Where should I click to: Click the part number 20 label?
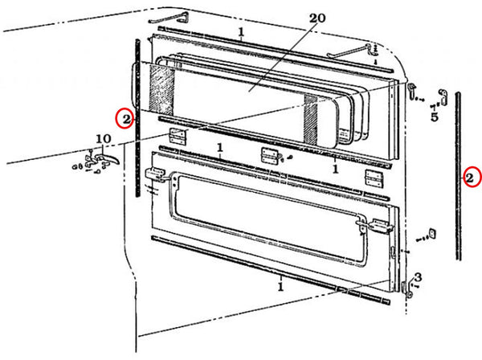[x=317, y=18]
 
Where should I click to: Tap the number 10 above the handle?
[x=104, y=139]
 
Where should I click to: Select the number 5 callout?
[x=435, y=117]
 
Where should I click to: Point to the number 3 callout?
[x=418, y=277]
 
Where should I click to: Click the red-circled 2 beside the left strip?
[x=126, y=119]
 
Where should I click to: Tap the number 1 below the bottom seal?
[x=280, y=287]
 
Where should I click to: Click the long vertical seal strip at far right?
[x=458, y=176]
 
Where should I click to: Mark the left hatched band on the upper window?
[x=161, y=91]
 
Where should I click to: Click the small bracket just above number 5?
[x=442, y=97]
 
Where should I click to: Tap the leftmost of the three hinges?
[x=178, y=136]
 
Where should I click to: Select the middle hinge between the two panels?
[x=269, y=155]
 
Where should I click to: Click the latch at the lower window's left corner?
[x=156, y=175]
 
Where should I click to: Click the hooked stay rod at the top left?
[x=170, y=18]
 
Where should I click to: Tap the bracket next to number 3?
[x=407, y=288]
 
